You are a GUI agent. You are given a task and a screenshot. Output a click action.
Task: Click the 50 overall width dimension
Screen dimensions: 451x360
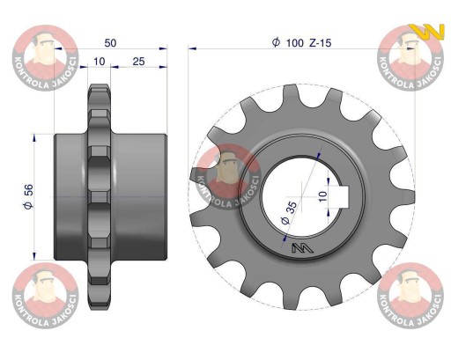click(x=110, y=43)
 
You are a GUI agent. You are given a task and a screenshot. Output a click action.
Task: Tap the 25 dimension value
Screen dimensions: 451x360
click(x=138, y=62)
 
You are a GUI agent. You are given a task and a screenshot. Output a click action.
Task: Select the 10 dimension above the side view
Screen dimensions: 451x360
click(x=100, y=62)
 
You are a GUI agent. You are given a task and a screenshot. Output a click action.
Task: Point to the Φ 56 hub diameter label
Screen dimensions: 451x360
click(x=28, y=196)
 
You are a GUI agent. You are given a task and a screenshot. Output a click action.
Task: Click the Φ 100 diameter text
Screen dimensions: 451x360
click(x=288, y=42)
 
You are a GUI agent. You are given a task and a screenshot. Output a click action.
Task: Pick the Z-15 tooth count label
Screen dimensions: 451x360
click(x=320, y=43)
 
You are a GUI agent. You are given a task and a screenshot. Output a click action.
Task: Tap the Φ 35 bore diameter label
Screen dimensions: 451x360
click(x=289, y=213)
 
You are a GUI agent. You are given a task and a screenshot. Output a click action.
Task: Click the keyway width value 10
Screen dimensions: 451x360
click(x=322, y=196)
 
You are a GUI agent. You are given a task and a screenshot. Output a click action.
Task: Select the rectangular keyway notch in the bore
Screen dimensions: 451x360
click(x=344, y=195)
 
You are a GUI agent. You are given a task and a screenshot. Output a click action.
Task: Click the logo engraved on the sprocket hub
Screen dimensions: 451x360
click(x=302, y=248)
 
